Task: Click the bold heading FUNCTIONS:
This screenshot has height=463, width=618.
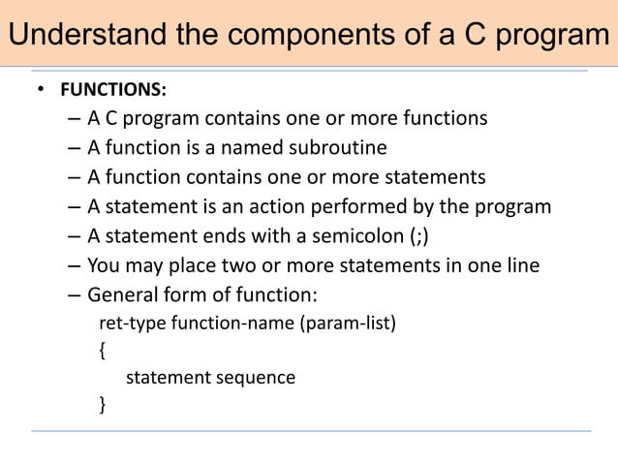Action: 112,90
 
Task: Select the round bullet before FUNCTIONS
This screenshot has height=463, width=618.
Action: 41,90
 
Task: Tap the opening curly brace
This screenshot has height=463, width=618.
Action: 104,350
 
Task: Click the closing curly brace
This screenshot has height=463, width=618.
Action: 104,404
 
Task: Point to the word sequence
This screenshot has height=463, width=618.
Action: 256,378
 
